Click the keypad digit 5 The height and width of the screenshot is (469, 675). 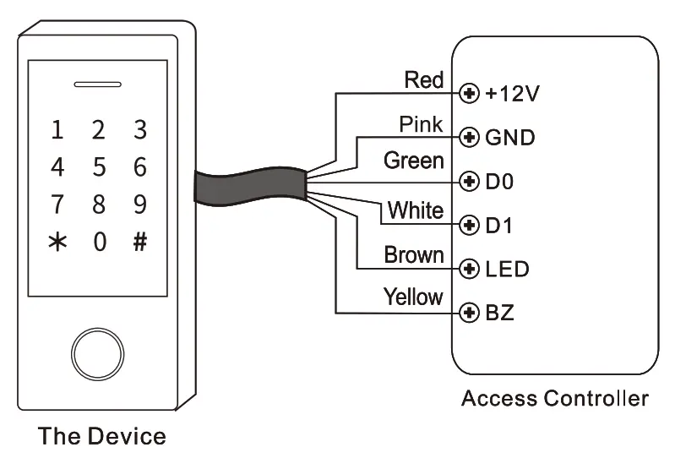(99, 167)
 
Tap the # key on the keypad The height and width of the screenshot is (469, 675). (140, 242)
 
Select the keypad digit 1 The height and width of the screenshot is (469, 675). (57, 130)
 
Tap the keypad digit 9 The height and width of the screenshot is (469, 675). (140, 205)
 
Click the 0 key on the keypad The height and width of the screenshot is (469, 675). (99, 242)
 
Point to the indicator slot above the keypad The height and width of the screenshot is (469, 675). (98, 85)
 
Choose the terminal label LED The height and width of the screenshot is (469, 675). (507, 270)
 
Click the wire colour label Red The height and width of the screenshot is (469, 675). (423, 80)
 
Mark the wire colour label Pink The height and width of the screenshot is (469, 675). (421, 125)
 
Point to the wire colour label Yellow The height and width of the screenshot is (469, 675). (413, 297)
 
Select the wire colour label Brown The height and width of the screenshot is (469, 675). (414, 254)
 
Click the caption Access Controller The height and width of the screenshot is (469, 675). (555, 398)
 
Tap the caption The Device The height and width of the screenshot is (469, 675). (101, 437)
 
